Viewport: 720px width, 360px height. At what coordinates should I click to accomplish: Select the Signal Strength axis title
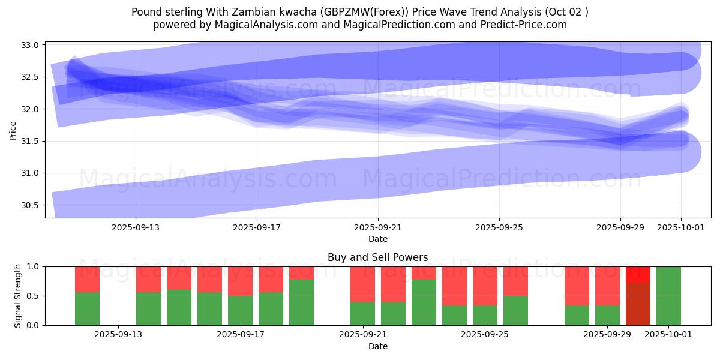click(x=18, y=295)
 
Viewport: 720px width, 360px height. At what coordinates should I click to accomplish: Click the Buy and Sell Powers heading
click(x=377, y=257)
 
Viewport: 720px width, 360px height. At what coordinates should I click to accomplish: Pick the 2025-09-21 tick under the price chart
click(x=378, y=227)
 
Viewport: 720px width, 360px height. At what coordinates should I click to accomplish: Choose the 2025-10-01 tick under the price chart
click(x=681, y=227)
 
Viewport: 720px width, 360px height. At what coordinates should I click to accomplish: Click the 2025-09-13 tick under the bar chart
click(x=118, y=334)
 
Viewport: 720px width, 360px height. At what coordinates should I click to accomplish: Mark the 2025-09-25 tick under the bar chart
click(x=483, y=334)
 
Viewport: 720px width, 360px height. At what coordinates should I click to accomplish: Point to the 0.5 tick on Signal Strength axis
click(x=34, y=296)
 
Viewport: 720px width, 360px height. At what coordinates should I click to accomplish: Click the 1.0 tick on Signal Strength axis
click(x=34, y=266)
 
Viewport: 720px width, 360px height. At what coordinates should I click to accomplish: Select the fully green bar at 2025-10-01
click(x=668, y=296)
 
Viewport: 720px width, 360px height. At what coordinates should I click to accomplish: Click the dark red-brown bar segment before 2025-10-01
click(x=638, y=304)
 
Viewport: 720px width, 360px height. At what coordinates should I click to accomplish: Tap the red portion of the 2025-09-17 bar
click(x=240, y=281)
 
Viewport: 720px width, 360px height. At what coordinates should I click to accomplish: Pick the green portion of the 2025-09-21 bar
click(x=362, y=314)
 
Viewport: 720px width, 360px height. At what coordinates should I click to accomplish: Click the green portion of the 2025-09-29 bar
click(x=607, y=316)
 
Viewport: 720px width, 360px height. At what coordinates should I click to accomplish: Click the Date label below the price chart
click(x=377, y=239)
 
